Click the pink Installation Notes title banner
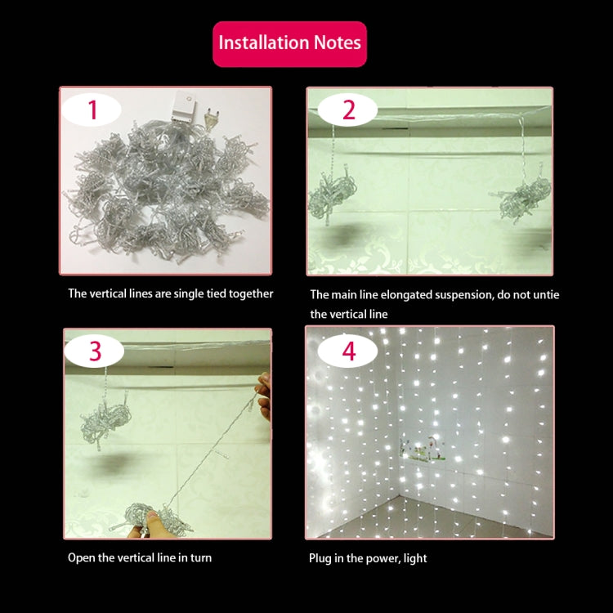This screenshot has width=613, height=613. pyautogui.click(x=289, y=43)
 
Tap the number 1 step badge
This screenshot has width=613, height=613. pyautogui.click(x=92, y=110)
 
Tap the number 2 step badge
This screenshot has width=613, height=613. pyautogui.click(x=349, y=110)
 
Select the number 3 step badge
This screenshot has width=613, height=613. pyautogui.click(x=95, y=351)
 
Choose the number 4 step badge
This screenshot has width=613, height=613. pyautogui.click(x=349, y=351)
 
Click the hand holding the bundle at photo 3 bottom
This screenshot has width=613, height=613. pyautogui.click(x=151, y=523)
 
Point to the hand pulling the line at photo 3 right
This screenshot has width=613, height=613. pyautogui.click(x=263, y=396)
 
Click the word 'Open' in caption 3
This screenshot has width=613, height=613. pyautogui.click(x=81, y=558)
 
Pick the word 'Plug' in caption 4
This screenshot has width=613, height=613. pyautogui.click(x=320, y=558)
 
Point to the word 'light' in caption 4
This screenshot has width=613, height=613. pyautogui.click(x=414, y=558)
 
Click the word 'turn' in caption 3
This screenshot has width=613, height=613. pyautogui.click(x=201, y=558)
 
